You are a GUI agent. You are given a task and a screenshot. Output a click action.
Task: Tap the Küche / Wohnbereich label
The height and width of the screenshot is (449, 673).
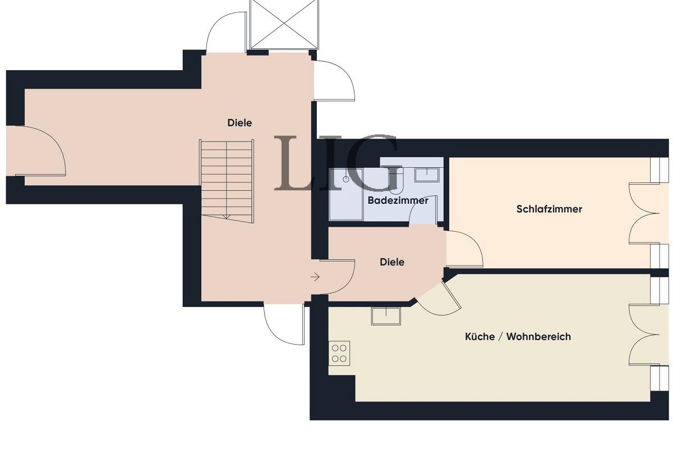tap(518, 337)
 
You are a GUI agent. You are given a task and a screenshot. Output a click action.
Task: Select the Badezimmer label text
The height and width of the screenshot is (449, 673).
tap(398, 200)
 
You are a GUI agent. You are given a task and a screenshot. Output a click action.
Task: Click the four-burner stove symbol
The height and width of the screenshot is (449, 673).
tap(339, 353)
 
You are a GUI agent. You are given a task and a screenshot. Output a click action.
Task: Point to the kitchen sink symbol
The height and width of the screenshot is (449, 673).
tap(386, 316)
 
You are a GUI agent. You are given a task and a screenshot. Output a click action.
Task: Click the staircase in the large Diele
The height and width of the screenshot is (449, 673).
tap(227, 180)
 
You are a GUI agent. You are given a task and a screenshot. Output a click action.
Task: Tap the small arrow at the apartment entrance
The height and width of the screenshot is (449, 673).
tap(315, 277)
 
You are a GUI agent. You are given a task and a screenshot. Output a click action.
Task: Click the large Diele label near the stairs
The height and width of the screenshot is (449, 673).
tap(239, 123)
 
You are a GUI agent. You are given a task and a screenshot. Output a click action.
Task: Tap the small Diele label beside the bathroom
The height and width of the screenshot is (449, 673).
tap(392, 262)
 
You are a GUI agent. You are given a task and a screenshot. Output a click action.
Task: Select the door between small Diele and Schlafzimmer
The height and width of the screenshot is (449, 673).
tap(464, 250)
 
